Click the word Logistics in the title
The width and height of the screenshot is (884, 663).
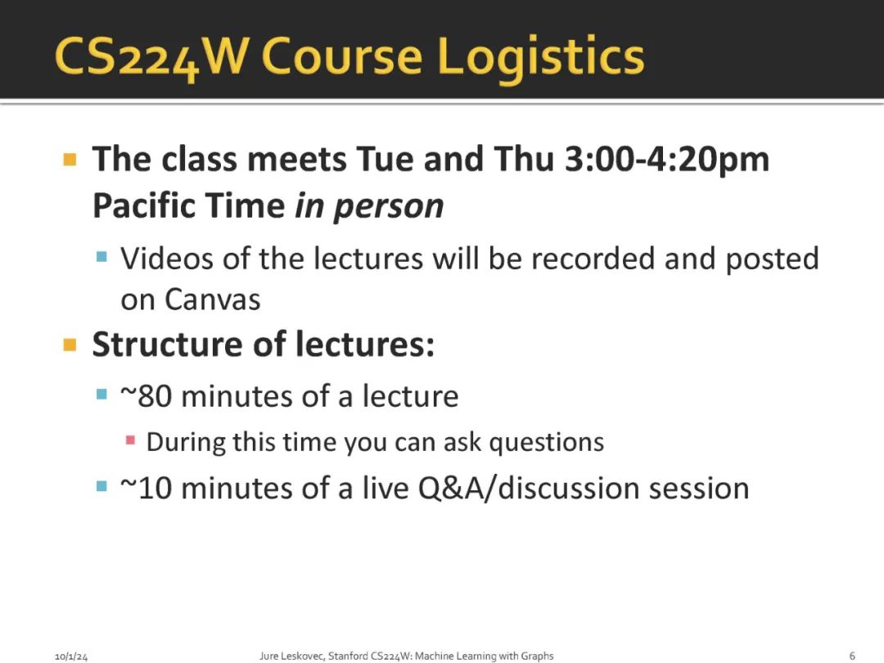click(x=541, y=57)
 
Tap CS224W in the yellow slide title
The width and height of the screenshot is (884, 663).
click(x=150, y=57)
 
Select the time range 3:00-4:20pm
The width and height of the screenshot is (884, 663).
click(x=667, y=159)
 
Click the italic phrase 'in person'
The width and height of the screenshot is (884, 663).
click(x=369, y=206)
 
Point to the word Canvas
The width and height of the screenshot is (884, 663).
click(x=213, y=300)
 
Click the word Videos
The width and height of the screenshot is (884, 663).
click(x=168, y=259)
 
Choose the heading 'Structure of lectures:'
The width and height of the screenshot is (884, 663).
click(x=264, y=344)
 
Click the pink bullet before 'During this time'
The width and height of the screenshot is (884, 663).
click(x=130, y=440)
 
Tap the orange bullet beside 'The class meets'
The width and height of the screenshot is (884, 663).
click(x=70, y=160)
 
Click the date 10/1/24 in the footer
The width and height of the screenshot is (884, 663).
click(x=71, y=656)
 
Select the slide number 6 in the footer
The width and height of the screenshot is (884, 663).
click(x=852, y=656)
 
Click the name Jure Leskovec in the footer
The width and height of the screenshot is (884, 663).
click(x=291, y=656)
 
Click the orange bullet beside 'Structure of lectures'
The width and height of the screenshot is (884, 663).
click(x=70, y=345)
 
